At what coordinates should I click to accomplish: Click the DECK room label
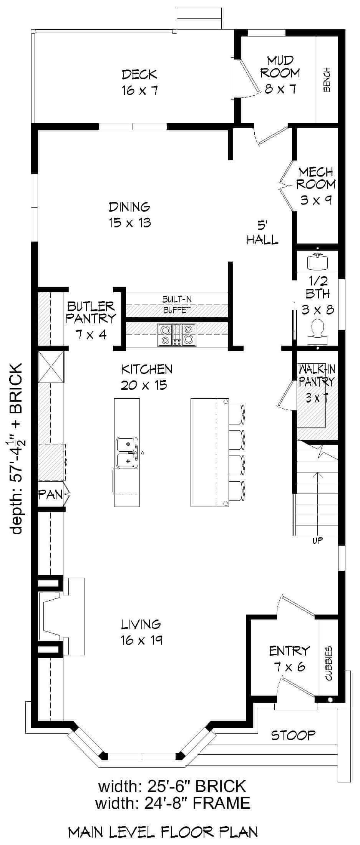tap(139, 82)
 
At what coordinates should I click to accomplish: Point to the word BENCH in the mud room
tap(327, 80)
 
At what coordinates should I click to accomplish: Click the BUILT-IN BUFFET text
tap(177, 304)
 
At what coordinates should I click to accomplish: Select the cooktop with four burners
tap(177, 333)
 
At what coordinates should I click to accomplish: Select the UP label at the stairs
tap(317, 541)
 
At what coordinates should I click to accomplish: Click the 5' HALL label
tap(262, 232)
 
